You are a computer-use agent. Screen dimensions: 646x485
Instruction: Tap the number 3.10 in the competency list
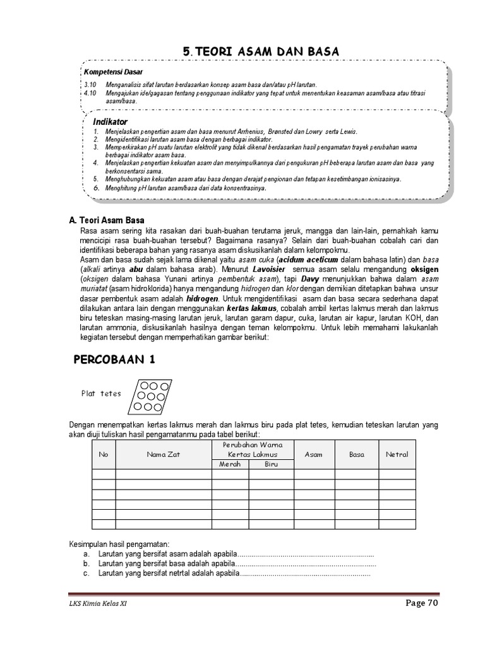(89, 85)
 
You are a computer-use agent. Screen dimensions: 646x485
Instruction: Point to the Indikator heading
(110, 121)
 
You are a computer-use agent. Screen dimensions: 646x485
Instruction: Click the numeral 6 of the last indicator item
(96, 188)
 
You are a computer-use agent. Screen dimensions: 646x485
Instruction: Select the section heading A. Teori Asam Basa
(107, 220)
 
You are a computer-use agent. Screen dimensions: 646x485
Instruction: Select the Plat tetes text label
(100, 394)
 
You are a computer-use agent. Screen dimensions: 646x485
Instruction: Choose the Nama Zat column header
(163, 454)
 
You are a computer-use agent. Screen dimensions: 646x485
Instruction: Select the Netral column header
(397, 454)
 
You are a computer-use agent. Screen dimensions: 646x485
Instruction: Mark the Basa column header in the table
(357, 454)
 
